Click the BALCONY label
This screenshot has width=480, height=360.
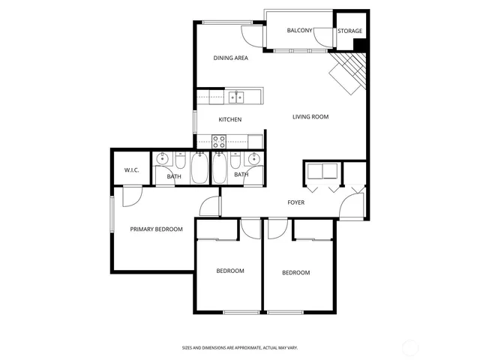[x=299, y=31]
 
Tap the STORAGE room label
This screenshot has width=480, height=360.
[x=349, y=31]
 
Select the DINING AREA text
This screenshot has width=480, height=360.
[x=230, y=58]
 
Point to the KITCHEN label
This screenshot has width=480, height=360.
[x=229, y=120]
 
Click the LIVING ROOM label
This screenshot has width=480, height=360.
[x=310, y=117]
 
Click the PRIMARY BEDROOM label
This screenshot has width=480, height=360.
[x=156, y=229]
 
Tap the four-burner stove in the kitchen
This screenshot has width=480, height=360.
[x=219, y=141]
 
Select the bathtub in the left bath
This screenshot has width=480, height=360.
[x=200, y=168]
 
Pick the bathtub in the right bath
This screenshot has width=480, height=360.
[x=220, y=168]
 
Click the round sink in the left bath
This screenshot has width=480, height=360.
[x=162, y=159]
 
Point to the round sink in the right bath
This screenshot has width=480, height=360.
[x=254, y=159]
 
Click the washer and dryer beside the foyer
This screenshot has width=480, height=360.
[x=322, y=170]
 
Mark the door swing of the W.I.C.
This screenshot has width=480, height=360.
[x=131, y=194]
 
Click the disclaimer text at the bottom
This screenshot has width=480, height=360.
[x=239, y=347]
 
